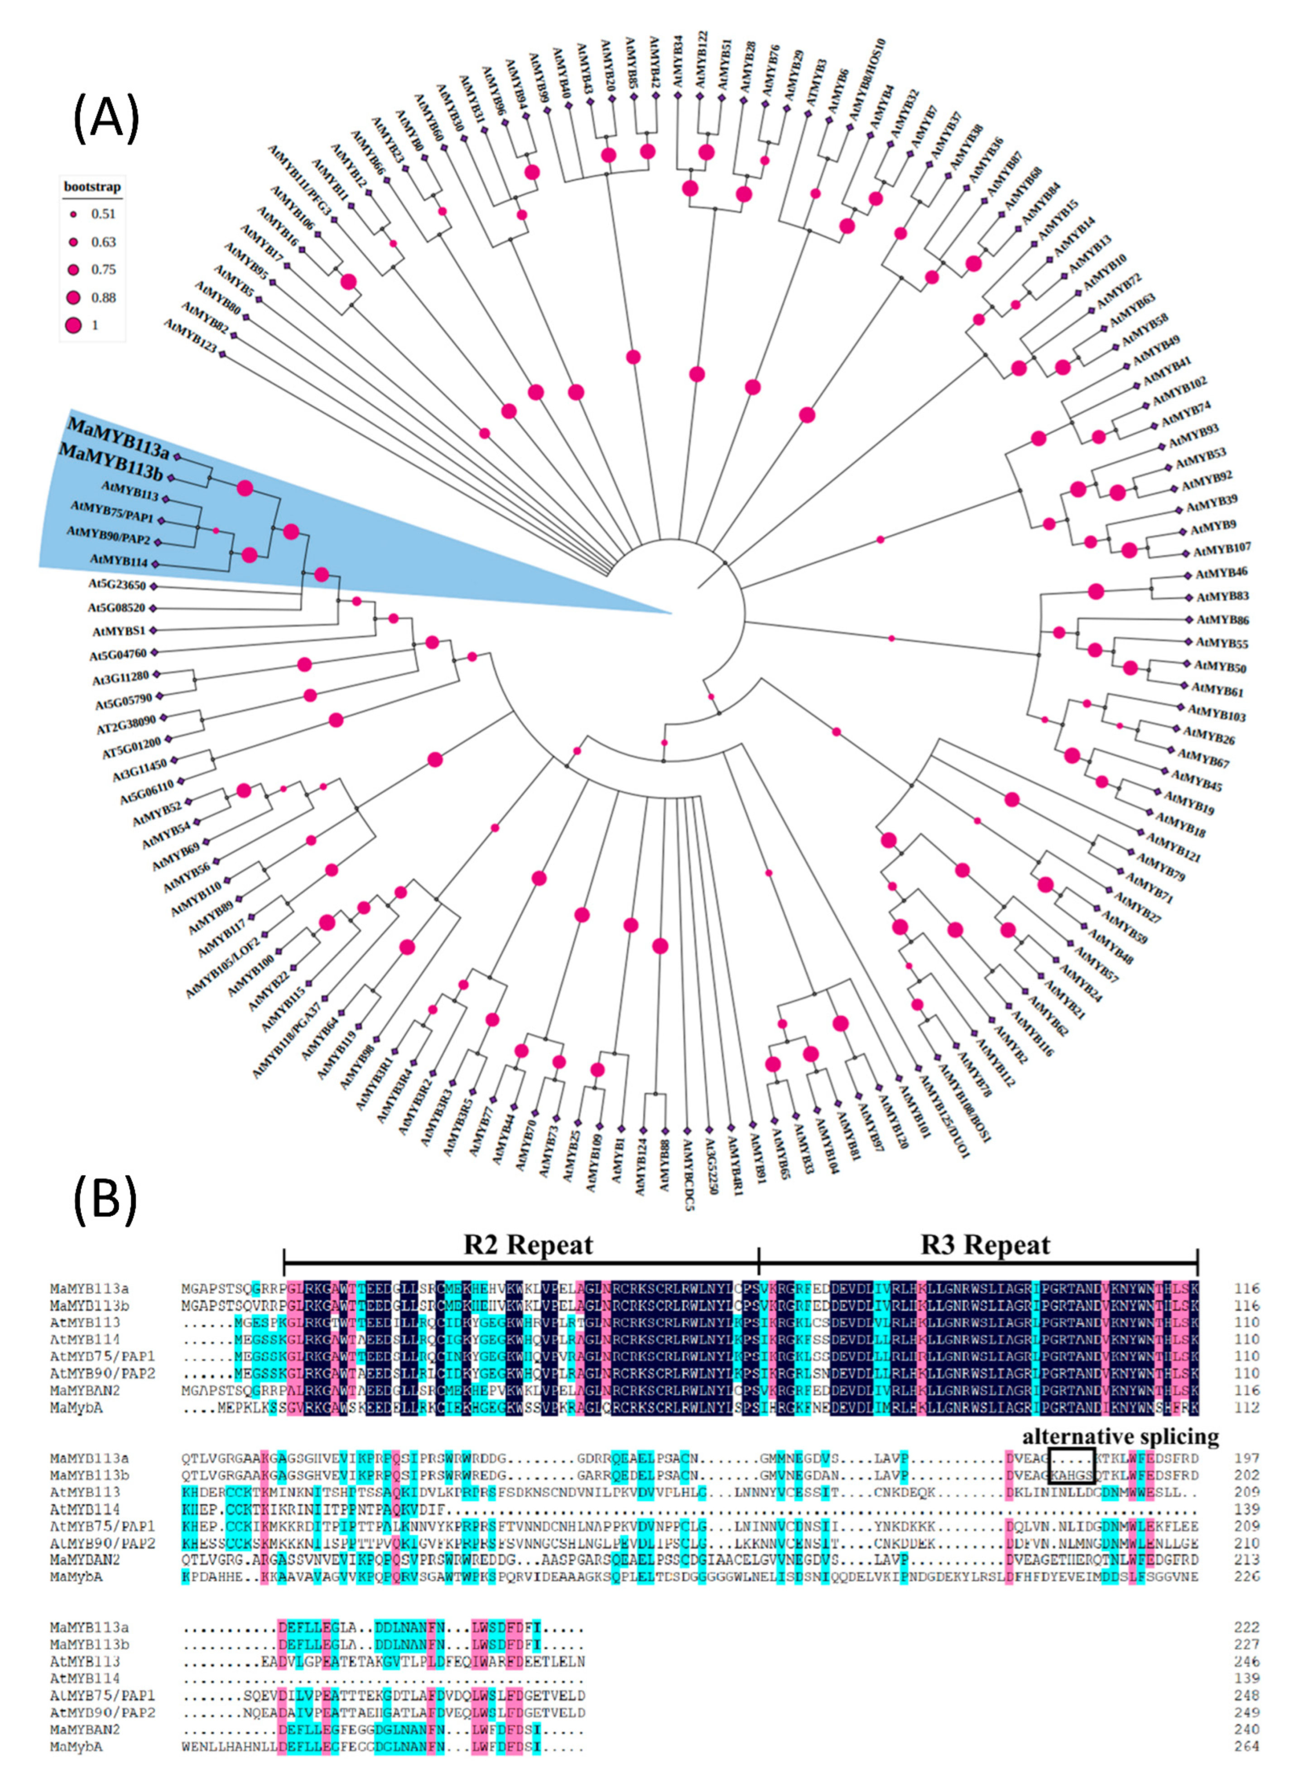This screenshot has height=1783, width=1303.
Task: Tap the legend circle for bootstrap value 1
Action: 73,325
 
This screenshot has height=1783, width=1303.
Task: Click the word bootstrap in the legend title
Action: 92,187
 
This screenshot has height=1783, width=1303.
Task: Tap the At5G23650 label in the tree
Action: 117,585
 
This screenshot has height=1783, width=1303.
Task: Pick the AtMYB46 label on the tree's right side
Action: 1221,572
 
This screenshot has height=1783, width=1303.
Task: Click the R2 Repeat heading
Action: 528,1245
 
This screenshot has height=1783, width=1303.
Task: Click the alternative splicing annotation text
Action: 1120,1437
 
